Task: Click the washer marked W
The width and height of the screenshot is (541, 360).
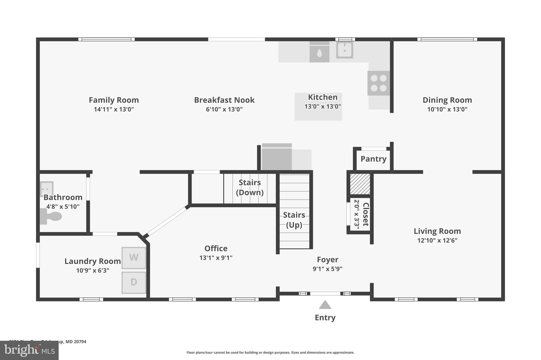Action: tap(134, 258)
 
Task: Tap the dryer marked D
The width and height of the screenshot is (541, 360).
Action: tap(134, 282)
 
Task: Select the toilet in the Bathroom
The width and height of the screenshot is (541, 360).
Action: tap(52, 217)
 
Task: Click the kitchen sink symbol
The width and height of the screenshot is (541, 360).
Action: tap(344, 50)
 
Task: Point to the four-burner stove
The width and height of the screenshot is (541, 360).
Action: tap(379, 83)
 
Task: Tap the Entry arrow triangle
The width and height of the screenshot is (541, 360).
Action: tap(325, 305)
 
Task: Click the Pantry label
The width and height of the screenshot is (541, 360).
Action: tap(373, 159)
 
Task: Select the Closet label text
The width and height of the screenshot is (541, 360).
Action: tap(366, 214)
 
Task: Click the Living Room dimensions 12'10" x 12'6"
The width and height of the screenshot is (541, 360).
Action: tap(437, 241)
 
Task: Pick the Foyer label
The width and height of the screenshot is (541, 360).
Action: tap(327, 260)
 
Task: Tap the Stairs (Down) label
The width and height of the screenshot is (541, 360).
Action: tap(250, 188)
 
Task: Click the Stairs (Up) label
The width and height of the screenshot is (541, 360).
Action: tap(294, 220)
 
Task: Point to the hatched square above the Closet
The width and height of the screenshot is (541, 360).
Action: tap(360, 184)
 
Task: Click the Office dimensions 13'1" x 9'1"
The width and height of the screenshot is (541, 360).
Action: tap(216, 258)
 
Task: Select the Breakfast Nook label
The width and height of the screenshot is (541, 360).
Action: tap(224, 100)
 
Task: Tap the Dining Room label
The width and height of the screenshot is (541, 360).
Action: tap(447, 100)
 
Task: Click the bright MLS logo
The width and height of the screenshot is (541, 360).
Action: tap(29, 351)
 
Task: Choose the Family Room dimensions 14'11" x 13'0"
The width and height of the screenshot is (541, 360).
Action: tap(114, 109)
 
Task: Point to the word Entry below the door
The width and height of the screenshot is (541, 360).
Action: tap(325, 318)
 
